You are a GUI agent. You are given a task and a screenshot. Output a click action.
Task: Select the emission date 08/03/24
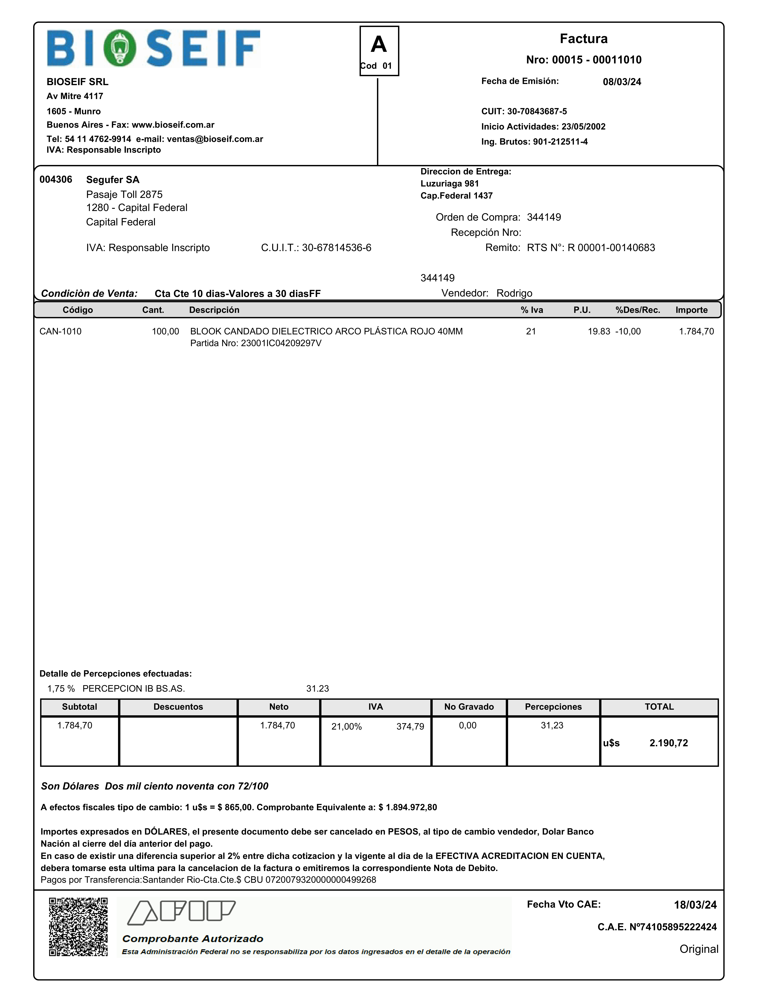coord(622,82)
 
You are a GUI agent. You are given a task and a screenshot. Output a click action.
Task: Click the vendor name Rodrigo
coord(514,293)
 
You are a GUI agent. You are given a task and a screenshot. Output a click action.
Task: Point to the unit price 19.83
coord(599,331)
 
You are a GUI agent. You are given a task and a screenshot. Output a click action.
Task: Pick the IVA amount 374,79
coord(410,726)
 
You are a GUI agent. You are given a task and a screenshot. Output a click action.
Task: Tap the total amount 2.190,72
coord(668,743)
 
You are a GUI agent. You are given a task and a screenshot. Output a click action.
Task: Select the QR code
coord(78,927)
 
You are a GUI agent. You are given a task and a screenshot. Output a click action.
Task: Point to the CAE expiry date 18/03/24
coord(695,905)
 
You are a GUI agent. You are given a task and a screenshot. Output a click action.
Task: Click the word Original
coord(698,949)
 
